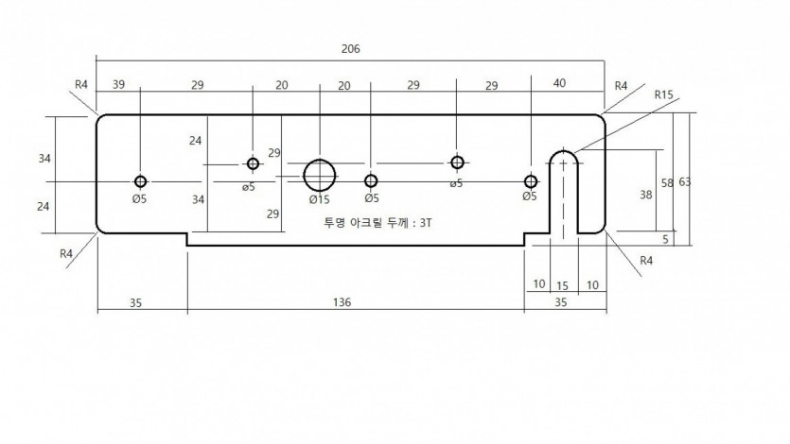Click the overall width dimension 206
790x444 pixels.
click(x=351, y=49)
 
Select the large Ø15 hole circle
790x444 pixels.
click(x=320, y=160)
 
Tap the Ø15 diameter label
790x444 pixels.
click(x=320, y=199)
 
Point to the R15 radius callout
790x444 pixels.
click(x=663, y=94)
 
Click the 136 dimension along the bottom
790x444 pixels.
click(x=342, y=302)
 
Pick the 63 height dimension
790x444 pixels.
click(x=685, y=182)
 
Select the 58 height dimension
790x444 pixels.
click(x=667, y=183)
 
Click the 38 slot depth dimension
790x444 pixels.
click(x=646, y=195)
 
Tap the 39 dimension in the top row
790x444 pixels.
click(x=118, y=84)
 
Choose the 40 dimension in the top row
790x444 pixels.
click(x=559, y=83)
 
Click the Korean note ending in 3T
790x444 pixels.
click(x=377, y=222)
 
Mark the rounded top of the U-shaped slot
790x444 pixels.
click(x=563, y=151)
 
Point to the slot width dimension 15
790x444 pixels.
click(x=562, y=286)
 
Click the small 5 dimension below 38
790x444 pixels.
click(x=665, y=239)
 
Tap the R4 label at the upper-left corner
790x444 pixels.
click(x=81, y=84)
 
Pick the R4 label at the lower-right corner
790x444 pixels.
click(x=646, y=261)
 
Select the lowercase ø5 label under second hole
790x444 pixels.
click(x=249, y=187)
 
